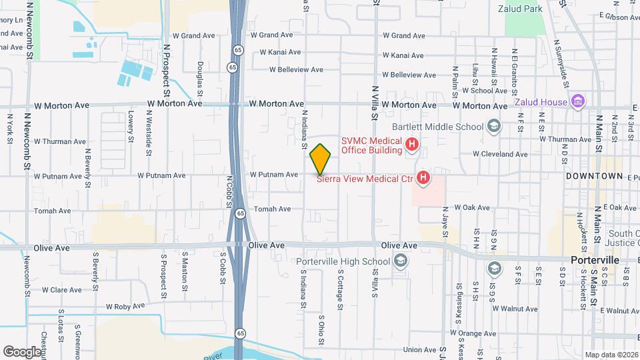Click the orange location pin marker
coord(321,159)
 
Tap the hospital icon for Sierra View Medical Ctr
coord(423,177)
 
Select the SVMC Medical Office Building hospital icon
coord(413,144)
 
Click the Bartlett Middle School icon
coord(493,126)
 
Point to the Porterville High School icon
coord(400,261)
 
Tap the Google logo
coord(22,351)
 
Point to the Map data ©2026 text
coord(611,355)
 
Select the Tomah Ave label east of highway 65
coord(273,209)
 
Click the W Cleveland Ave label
coord(500,154)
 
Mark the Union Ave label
coord(419,349)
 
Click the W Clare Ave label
coord(61,290)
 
